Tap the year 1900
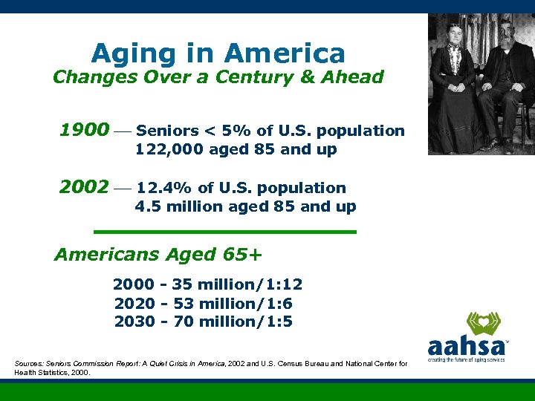tap(84, 131)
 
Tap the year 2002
tap(84, 187)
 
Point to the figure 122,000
tap(163, 149)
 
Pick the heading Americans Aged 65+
tap(158, 255)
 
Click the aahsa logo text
tap(467, 346)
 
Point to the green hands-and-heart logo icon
tap(482, 323)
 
